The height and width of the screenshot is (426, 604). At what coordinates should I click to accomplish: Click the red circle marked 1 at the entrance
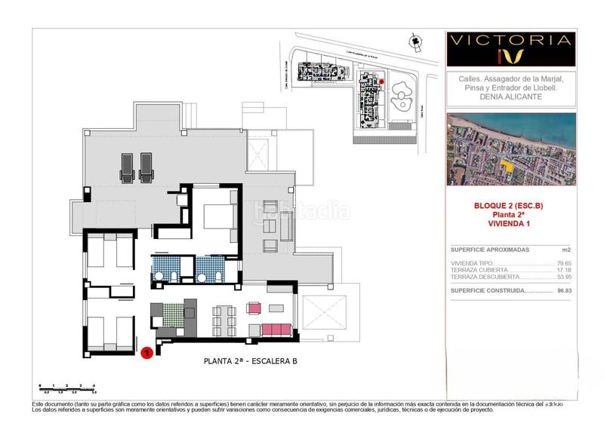click(x=148, y=351)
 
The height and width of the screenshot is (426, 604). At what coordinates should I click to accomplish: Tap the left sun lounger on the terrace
click(x=126, y=167)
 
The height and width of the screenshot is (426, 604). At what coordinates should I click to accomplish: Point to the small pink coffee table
click(x=254, y=308)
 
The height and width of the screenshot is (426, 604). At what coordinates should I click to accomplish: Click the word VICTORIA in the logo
click(x=510, y=39)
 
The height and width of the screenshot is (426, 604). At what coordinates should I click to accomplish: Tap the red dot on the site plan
click(x=381, y=81)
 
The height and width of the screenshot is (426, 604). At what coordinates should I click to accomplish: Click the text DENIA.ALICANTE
click(x=510, y=98)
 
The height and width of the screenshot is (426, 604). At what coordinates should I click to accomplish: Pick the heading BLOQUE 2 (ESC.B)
click(x=508, y=205)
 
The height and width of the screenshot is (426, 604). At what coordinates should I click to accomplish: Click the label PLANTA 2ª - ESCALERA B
click(x=251, y=361)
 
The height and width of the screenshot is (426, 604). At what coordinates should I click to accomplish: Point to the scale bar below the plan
click(x=68, y=388)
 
